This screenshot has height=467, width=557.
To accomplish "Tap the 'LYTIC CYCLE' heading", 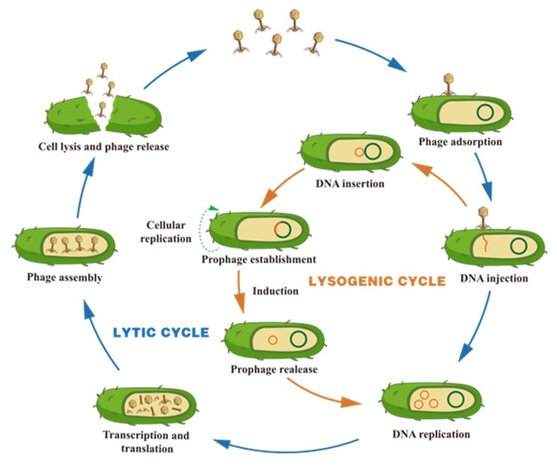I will pos(161,333).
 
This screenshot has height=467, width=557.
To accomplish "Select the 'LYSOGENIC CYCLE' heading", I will pos(375,282).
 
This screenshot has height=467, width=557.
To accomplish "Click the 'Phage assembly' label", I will pos(60,278).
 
